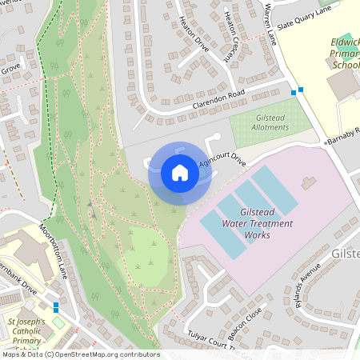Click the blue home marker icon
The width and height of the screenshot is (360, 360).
pyautogui.click(x=179, y=173)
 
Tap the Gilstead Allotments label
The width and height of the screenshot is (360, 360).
pyautogui.click(x=270, y=122)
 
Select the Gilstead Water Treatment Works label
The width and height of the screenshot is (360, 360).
pyautogui.click(x=257, y=223)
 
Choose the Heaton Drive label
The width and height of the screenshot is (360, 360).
pyautogui.click(x=194, y=34)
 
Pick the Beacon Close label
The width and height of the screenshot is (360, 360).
pyautogui.click(x=244, y=322)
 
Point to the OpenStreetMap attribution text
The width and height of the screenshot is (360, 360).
pyautogui.click(x=80, y=354)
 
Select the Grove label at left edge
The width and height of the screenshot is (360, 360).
pyautogui.click(x=10, y=69)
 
